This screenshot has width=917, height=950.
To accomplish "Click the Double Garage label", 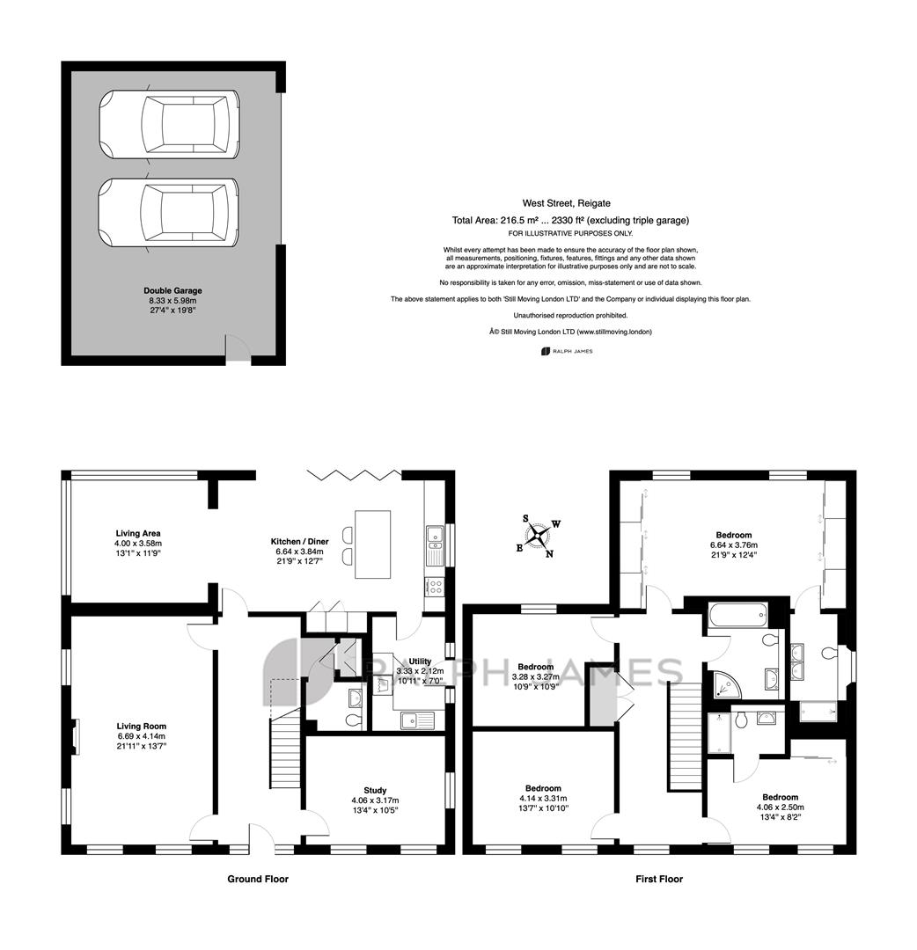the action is pyautogui.click(x=172, y=291).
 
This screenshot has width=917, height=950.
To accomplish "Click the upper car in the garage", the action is pyautogui.click(x=169, y=124).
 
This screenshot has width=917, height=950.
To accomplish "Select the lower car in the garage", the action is pyautogui.click(x=169, y=213).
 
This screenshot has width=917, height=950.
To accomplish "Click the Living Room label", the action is pyautogui.click(x=141, y=726).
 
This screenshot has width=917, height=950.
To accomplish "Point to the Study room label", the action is pyautogui.click(x=375, y=790).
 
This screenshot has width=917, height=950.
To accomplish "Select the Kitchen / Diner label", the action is pyautogui.click(x=299, y=541).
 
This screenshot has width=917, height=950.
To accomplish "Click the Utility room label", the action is pyautogui.click(x=420, y=661).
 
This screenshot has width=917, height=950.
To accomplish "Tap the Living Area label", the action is pyautogui.click(x=138, y=533).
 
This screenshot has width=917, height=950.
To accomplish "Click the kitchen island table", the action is pyautogui.click(x=373, y=544).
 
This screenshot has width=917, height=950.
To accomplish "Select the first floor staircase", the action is pyautogui.click(x=685, y=737).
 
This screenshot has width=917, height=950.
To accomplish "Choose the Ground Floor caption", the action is pyautogui.click(x=258, y=879).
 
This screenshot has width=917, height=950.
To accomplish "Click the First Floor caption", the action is pyautogui.click(x=659, y=879).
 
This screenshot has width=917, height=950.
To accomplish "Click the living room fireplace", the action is pyautogui.click(x=76, y=736).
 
